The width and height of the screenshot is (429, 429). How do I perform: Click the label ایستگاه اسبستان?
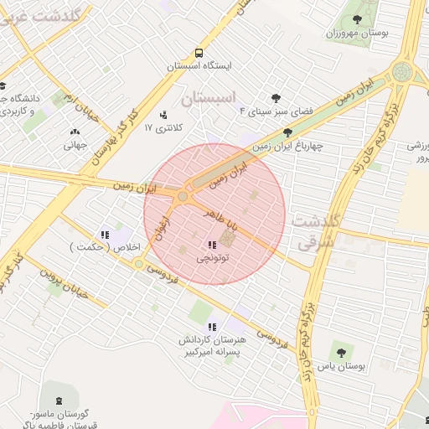pyautogui.click(x=199, y=65)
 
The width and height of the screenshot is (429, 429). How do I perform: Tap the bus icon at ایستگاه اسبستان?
pyautogui.click(x=198, y=51)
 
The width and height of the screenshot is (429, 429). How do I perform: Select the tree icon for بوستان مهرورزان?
pyautogui.click(x=358, y=18)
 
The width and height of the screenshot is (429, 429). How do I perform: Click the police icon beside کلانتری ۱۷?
pyautogui.click(x=163, y=115)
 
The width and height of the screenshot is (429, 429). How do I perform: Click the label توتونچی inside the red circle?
pyautogui.click(x=212, y=260)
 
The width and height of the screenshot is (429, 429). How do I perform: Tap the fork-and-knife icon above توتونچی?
pyautogui.click(x=211, y=246)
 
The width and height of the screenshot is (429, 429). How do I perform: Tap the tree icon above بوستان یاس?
pyautogui.click(x=340, y=347)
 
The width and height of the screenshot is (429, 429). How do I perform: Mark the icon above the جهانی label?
pyautogui.click(x=75, y=132)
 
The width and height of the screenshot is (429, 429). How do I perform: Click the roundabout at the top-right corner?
pyautogui.click(x=403, y=72)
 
